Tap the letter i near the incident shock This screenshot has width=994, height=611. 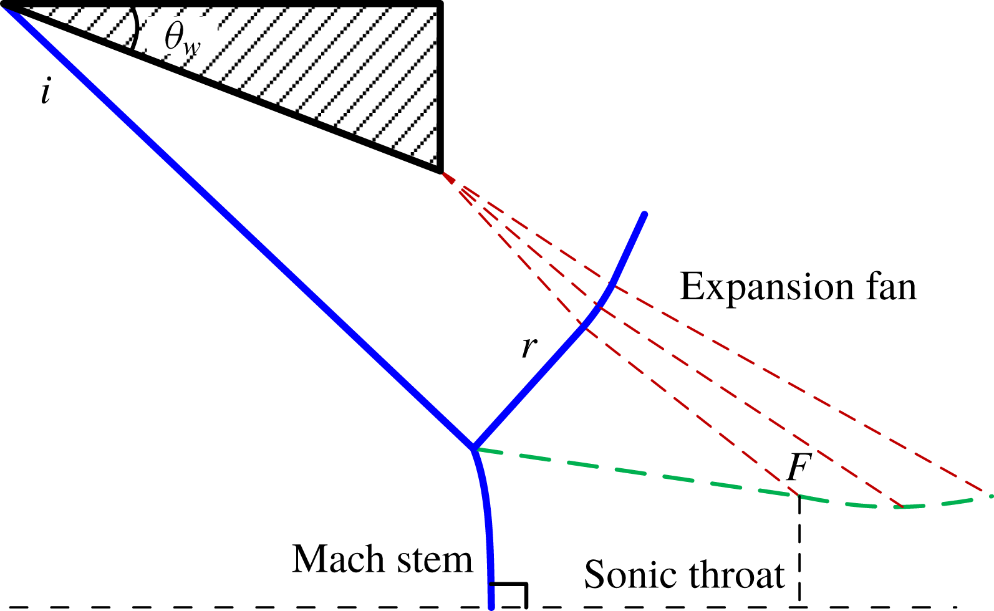(46, 92)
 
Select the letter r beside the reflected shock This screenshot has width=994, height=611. (529, 347)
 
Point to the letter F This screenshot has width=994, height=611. (798, 468)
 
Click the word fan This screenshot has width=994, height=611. (889, 287)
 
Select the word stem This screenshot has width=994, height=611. (436, 560)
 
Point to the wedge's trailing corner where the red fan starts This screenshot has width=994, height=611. (441, 170)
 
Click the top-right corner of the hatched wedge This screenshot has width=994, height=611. (441, 5)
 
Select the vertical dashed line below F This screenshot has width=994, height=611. (799, 549)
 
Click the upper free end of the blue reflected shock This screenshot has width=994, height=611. (644, 215)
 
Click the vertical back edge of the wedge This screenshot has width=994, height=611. (441, 87)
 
